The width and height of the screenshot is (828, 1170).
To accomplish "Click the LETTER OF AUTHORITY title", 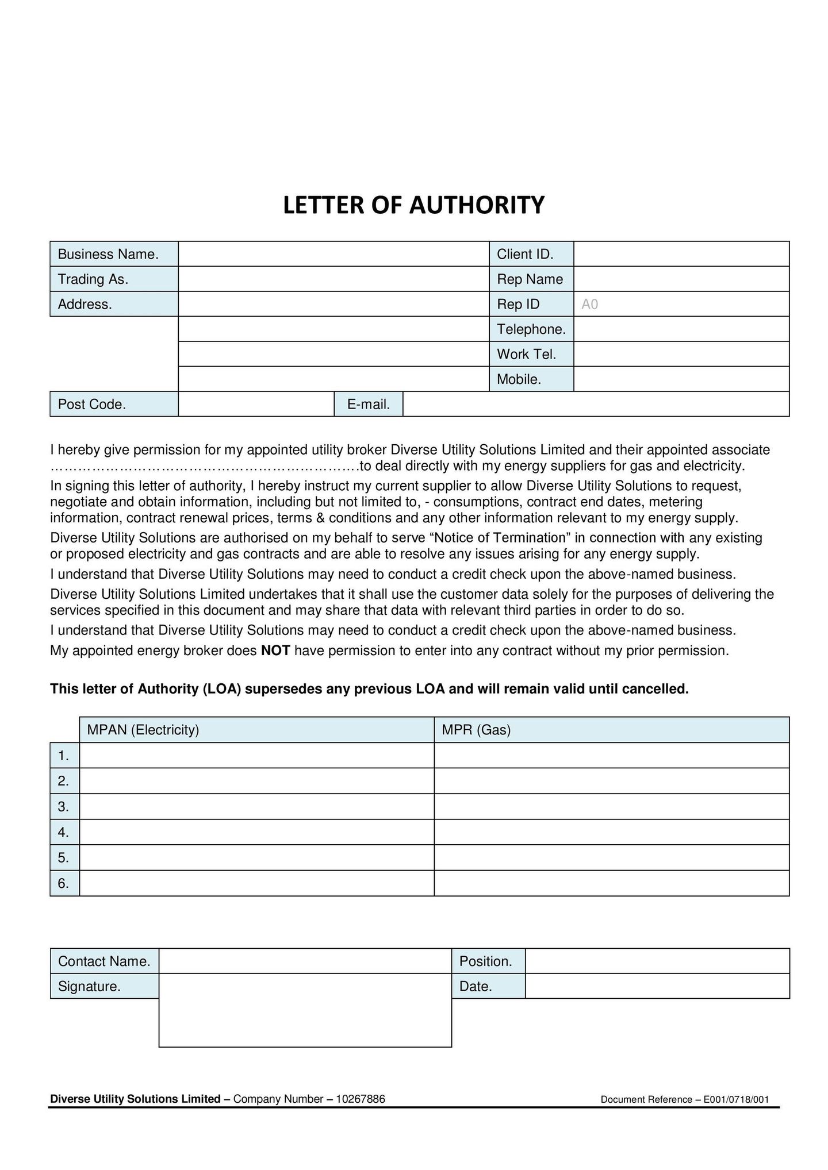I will [x=413, y=205].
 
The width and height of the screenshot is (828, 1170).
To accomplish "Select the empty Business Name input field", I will [x=333, y=254].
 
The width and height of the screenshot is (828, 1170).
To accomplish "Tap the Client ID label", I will [x=525, y=254].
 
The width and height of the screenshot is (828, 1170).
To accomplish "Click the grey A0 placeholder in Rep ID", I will [x=590, y=305].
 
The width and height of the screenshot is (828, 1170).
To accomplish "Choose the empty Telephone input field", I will [x=681, y=329].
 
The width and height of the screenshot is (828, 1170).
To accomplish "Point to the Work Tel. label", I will [x=526, y=354].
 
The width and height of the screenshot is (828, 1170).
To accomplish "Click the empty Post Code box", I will [x=256, y=404].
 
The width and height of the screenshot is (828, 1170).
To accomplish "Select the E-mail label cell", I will [x=369, y=405].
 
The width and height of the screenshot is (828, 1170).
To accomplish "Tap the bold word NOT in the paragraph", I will [x=275, y=651].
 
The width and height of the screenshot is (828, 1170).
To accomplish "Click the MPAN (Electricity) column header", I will [x=143, y=730].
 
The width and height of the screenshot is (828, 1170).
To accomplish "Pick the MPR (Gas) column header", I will [x=476, y=730].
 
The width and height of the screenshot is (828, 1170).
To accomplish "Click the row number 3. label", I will [x=64, y=807].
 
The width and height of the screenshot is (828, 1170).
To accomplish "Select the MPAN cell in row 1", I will [x=256, y=756].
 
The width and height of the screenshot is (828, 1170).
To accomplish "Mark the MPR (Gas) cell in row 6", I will [x=611, y=883].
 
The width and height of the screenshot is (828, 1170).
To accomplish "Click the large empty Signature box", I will [x=305, y=1010].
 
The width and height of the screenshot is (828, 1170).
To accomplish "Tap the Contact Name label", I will [x=104, y=961].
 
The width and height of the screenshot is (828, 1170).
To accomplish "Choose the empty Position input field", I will [x=657, y=961].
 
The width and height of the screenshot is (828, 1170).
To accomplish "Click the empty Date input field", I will [x=657, y=987].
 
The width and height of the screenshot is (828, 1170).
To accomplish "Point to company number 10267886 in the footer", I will [x=361, y=1099].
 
